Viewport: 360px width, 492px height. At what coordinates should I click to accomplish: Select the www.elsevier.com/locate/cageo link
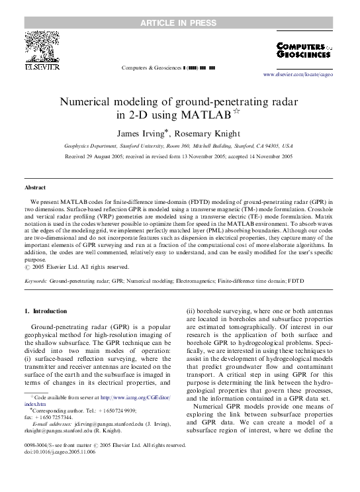[298, 75]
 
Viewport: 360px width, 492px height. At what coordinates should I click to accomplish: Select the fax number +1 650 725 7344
[58, 418]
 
